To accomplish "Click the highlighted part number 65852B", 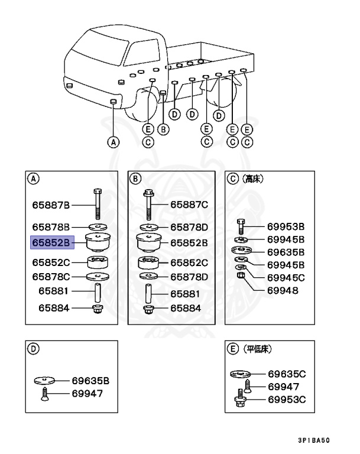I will (x=51, y=242).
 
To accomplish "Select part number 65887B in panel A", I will (x=51, y=205).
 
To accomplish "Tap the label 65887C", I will (x=189, y=205).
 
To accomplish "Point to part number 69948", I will (x=282, y=291).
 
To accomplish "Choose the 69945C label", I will (x=286, y=277).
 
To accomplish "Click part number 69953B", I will (x=286, y=226).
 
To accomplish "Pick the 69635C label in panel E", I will (x=287, y=374).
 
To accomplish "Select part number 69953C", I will (x=287, y=399).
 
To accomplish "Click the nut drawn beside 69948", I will (x=241, y=277).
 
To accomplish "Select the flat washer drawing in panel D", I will (x=45, y=381).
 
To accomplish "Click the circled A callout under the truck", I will (x=113, y=141).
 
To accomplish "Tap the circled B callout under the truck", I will (x=164, y=129).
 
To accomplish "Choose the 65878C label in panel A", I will (x=51, y=276).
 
